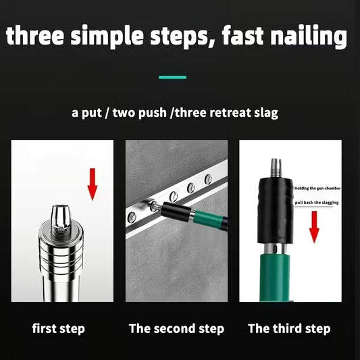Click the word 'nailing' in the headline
point(309,36)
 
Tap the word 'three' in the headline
point(35,36)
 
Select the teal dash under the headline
point(172,78)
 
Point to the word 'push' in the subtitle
point(153,113)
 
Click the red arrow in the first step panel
point(93,184)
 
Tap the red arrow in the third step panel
point(314,227)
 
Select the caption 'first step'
point(59,328)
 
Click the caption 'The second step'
point(176,328)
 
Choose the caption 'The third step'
point(289,328)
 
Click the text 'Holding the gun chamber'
point(317,188)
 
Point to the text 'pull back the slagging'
point(317,203)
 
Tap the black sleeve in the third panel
point(276,211)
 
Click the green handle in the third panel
point(275,278)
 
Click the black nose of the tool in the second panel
point(176,211)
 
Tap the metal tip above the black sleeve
point(276,168)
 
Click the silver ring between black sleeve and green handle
point(275,249)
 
